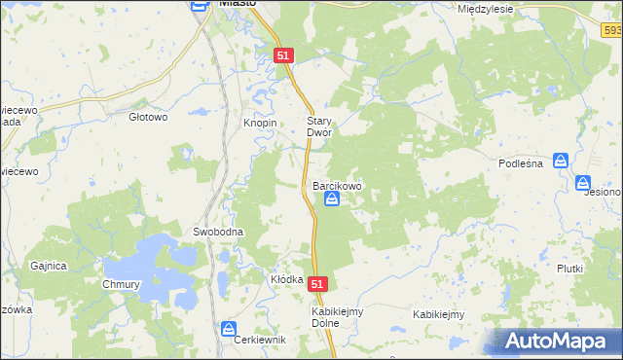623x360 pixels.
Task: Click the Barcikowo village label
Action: pyautogui.click(x=337, y=184)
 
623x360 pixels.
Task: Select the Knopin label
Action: pyautogui.click(x=260, y=125)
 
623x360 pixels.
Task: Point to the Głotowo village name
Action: pyautogui.click(x=149, y=117)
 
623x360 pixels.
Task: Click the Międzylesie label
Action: pyautogui.click(x=485, y=8)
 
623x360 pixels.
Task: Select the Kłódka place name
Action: pyautogui.click(x=287, y=279)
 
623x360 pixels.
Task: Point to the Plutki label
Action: pyautogui.click(x=569, y=269)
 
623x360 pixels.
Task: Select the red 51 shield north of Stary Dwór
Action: pyautogui.click(x=282, y=56)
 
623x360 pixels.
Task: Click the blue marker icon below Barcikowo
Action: pyautogui.click(x=332, y=199)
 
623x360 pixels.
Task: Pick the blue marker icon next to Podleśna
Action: pyautogui.click(x=561, y=161)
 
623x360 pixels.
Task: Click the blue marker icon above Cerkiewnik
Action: pyautogui.click(x=229, y=328)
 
